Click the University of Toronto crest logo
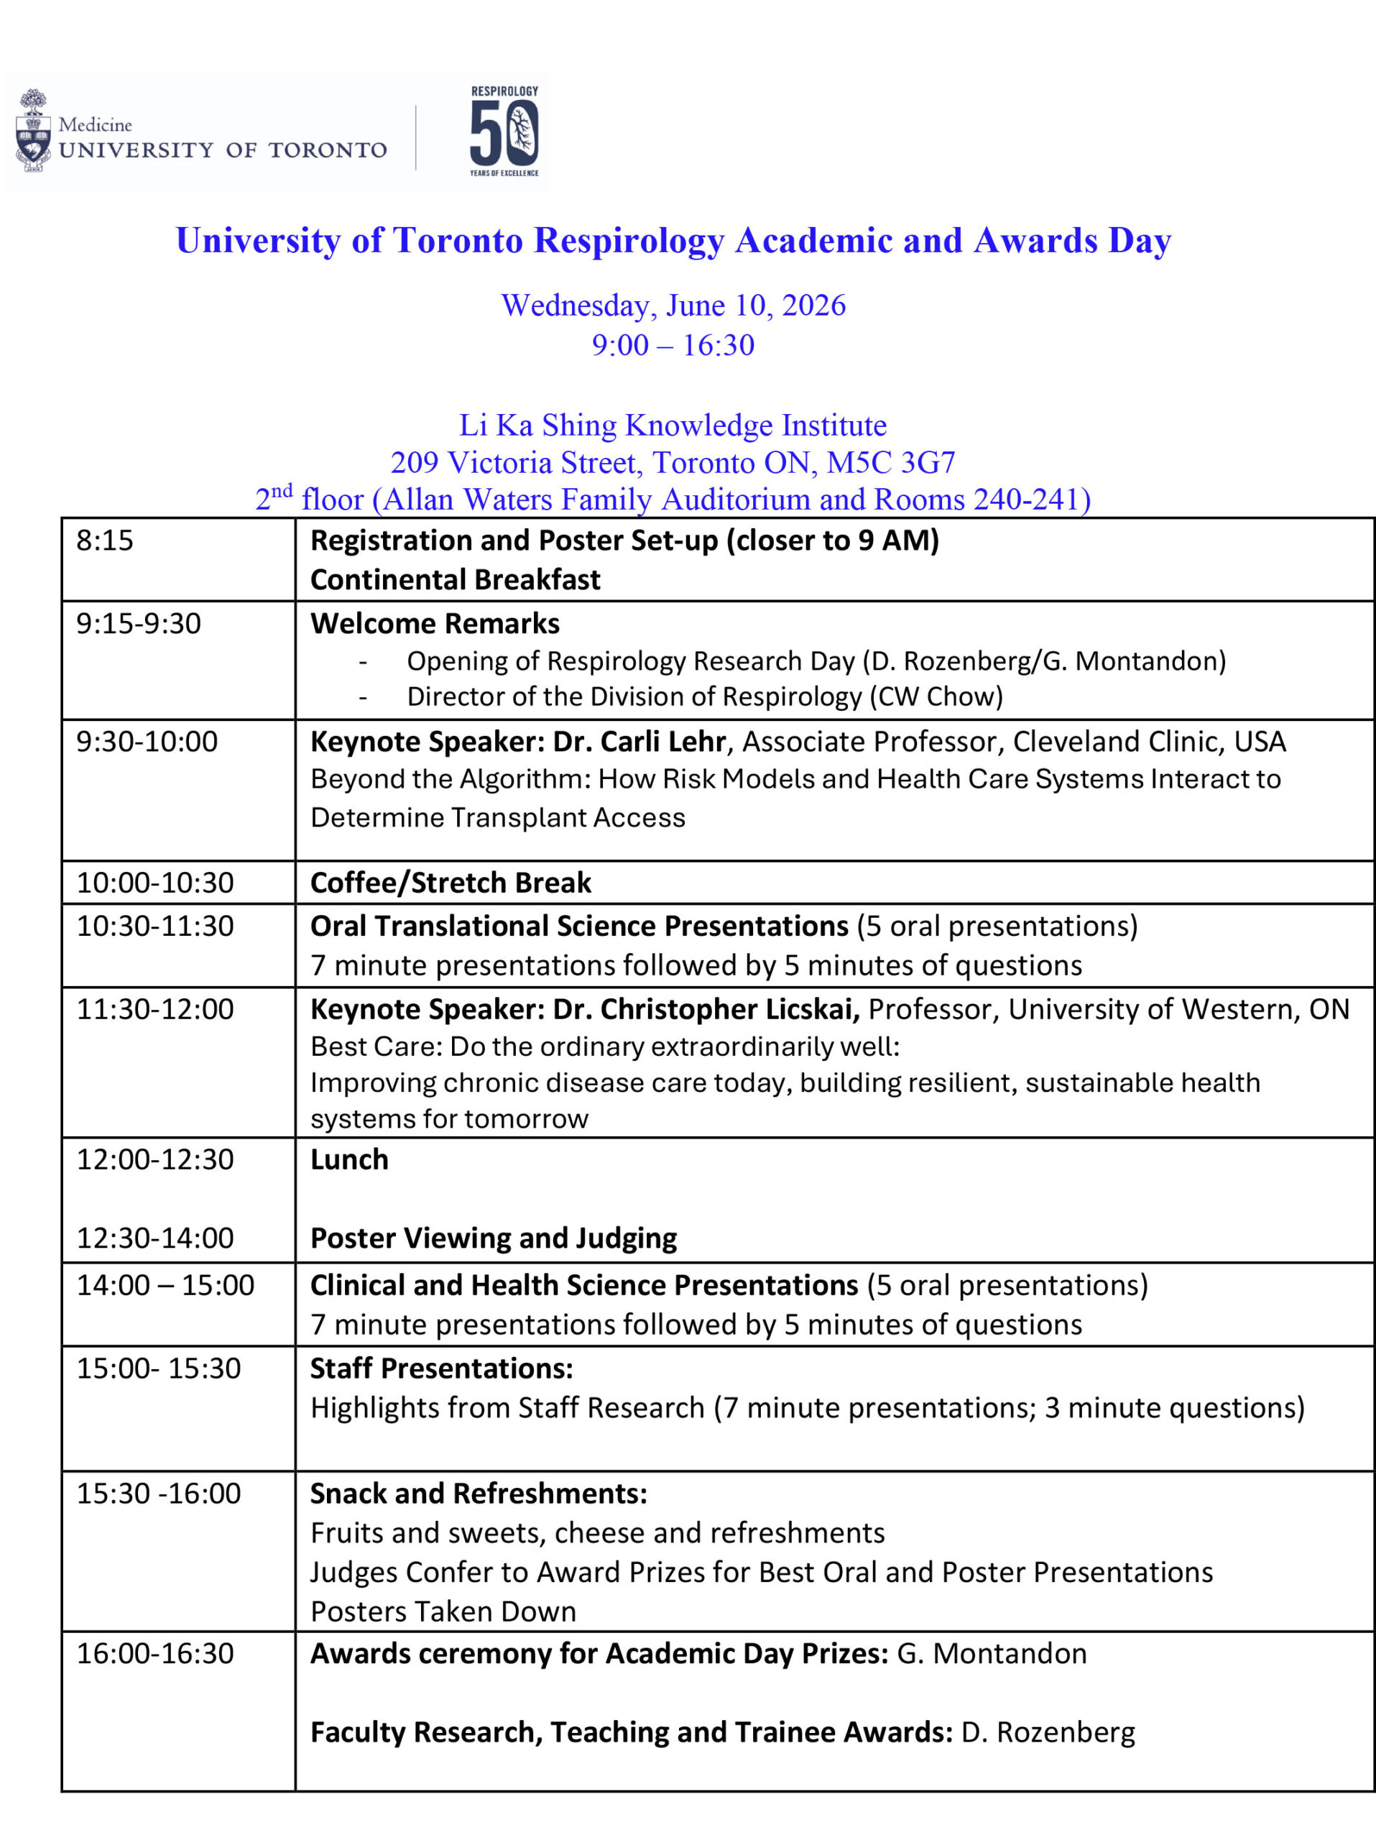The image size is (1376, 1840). (x=33, y=131)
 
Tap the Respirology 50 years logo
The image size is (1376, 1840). (x=504, y=132)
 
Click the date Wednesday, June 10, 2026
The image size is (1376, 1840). (x=673, y=305)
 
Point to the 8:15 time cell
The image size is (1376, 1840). (x=105, y=540)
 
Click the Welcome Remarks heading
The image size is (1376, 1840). (x=435, y=624)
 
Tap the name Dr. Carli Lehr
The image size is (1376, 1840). (x=639, y=741)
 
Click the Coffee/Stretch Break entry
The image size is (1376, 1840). (x=451, y=883)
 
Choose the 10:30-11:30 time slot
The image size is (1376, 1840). (x=155, y=926)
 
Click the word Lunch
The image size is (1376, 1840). (x=349, y=1159)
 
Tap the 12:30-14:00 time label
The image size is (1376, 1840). (x=155, y=1238)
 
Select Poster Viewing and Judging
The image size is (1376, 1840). (x=493, y=1238)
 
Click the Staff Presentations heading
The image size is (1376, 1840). (x=441, y=1368)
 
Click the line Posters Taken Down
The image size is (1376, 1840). (x=443, y=1611)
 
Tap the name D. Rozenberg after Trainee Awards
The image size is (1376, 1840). (x=1048, y=1732)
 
